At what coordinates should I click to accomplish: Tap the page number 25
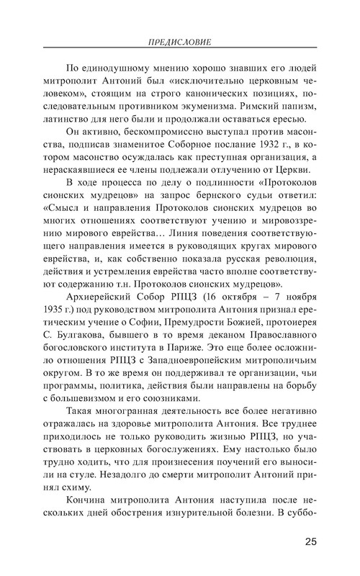pos(312,541)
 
